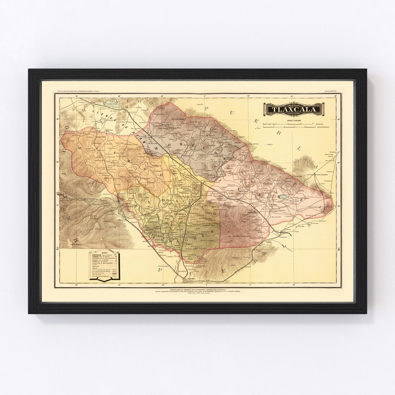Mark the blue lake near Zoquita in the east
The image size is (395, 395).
coord(283,197)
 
